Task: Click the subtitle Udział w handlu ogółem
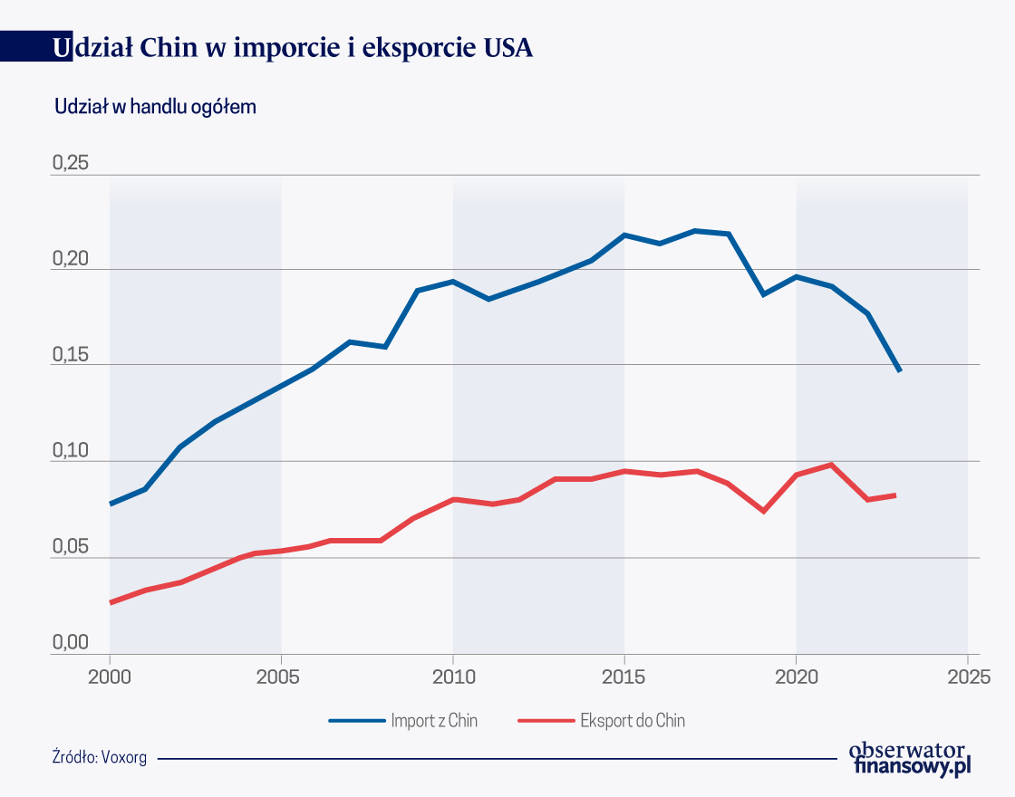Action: pyautogui.click(x=155, y=107)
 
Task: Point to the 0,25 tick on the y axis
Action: pyautogui.click(x=71, y=164)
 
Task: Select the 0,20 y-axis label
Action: pyautogui.click(x=71, y=260)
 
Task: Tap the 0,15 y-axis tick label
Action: pyautogui.click(x=71, y=355)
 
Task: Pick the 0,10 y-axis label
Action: pyautogui.click(x=71, y=451)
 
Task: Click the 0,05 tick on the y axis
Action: pyautogui.click(x=71, y=547)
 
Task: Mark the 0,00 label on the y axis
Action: pyautogui.click(x=71, y=643)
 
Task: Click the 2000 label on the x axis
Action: pyautogui.click(x=110, y=677)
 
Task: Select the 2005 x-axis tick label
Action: pyautogui.click(x=281, y=677)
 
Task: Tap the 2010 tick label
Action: pyautogui.click(x=453, y=677)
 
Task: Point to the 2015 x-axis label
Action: pyautogui.click(x=624, y=677)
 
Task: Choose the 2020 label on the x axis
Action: pyautogui.click(x=796, y=677)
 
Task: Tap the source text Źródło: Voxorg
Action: pyautogui.click(x=100, y=757)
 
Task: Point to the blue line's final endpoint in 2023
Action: pyautogui.click(x=899, y=370)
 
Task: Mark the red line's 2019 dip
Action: pyautogui.click(x=763, y=512)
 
